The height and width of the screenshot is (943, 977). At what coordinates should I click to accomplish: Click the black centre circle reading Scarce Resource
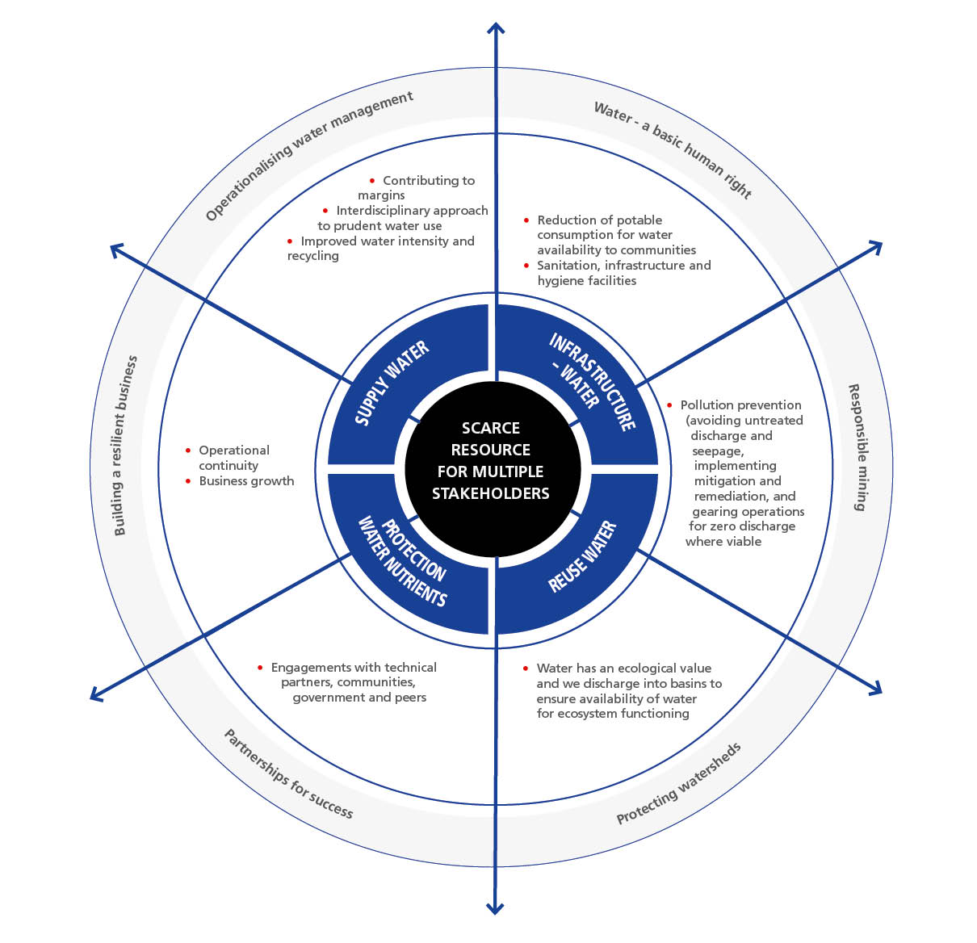(491, 460)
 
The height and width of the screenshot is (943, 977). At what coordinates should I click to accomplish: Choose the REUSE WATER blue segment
(585, 557)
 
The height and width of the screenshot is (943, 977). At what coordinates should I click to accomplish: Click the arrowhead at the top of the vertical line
(495, 28)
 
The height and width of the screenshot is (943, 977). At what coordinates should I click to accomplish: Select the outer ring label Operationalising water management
(308, 155)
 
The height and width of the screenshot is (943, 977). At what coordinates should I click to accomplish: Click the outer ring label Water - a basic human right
(673, 149)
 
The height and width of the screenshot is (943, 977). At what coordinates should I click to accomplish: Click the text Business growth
(246, 481)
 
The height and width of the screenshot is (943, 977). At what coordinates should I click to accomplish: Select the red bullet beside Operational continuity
(188, 451)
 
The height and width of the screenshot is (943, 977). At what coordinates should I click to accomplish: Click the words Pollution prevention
(740, 405)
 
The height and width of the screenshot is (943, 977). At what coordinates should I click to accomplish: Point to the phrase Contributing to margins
(420, 187)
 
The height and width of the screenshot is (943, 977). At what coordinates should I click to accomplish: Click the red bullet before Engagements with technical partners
(260, 668)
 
